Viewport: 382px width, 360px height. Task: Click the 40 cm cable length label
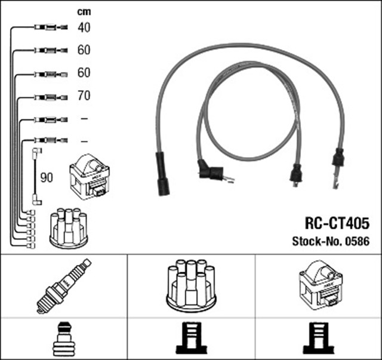pyautogui.click(x=84, y=27)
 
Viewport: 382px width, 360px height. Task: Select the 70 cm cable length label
pyautogui.click(x=84, y=95)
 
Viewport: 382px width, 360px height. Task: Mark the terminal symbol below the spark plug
pyautogui.click(x=63, y=339)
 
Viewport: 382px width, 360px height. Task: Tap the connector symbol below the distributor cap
pyautogui.click(x=191, y=339)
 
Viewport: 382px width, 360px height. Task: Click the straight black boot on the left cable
pyautogui.click(x=161, y=173)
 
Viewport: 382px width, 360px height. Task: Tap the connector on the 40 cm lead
pyautogui.click(x=48, y=27)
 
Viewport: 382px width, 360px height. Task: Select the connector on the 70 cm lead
pyautogui.click(x=48, y=96)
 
